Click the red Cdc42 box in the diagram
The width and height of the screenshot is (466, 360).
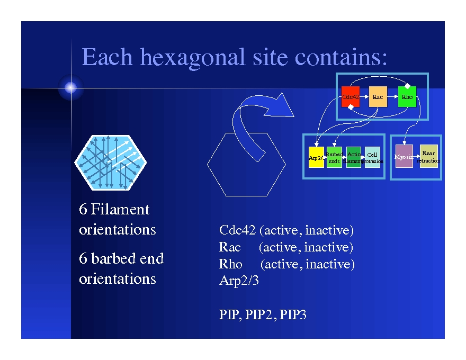(351, 97)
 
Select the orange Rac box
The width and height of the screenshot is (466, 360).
(378, 97)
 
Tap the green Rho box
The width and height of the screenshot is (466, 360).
(407, 97)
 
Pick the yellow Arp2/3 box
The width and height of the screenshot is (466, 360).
(316, 157)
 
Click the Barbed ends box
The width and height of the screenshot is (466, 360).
(334, 157)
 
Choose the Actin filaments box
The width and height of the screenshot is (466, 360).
(353, 157)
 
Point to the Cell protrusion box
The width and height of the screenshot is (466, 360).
(372, 157)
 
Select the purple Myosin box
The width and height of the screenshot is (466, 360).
(404, 157)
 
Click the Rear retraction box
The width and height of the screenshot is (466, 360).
(429, 156)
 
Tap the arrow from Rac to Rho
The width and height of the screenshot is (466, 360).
(392, 97)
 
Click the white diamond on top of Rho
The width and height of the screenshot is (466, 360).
(407, 85)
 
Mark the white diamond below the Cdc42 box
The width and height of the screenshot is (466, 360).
(351, 107)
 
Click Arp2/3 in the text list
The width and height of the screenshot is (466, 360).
(239, 281)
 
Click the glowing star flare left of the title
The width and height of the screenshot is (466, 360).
(71, 88)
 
